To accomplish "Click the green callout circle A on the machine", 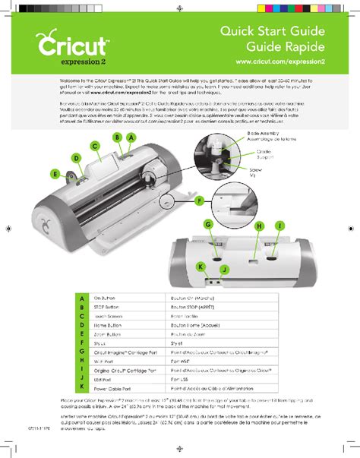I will (131, 137).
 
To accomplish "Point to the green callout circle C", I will (95, 146).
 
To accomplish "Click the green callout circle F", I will (200, 201).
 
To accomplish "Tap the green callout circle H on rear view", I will (259, 226).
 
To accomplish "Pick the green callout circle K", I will (201, 267).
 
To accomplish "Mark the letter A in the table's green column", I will (81, 298).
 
